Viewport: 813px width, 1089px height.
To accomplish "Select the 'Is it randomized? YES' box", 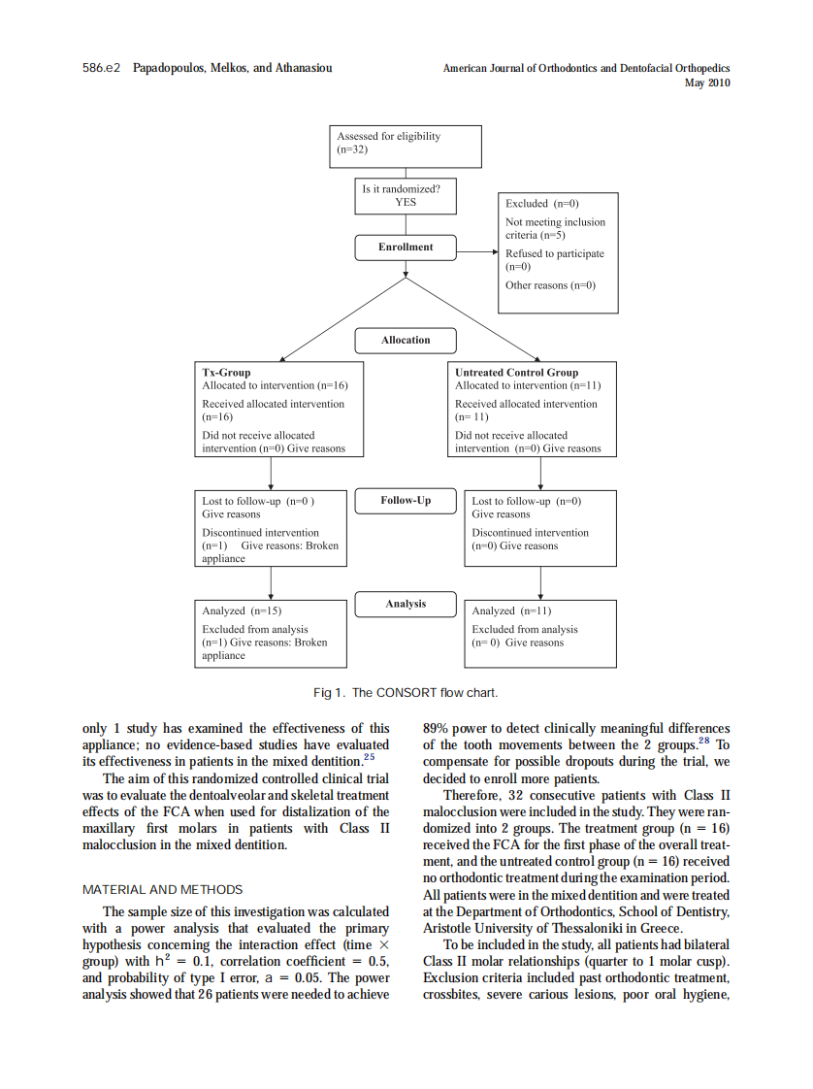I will tap(406, 196).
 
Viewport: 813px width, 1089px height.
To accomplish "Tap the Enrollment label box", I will tap(406, 247).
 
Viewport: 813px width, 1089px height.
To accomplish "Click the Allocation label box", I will tap(406, 341).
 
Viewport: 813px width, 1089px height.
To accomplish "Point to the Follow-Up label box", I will tap(406, 501).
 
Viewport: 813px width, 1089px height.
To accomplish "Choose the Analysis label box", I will tap(406, 604).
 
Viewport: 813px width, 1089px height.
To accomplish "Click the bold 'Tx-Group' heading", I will tap(226, 373).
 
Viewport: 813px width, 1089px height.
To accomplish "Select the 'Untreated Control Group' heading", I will tap(516, 373).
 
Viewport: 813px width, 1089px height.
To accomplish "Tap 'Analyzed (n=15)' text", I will tap(242, 611).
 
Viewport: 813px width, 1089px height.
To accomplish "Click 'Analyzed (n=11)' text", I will tap(511, 611).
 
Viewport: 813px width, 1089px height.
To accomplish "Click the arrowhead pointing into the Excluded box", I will tap(494, 252).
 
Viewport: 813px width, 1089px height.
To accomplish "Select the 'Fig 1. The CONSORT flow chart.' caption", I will tap(406, 693).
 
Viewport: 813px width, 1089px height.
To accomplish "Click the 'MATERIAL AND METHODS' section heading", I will tap(163, 890).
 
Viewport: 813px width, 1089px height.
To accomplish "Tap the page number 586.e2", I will tap(101, 69).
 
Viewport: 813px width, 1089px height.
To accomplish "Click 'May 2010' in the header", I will tap(707, 83).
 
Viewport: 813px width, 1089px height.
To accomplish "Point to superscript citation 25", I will tap(369, 757).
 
